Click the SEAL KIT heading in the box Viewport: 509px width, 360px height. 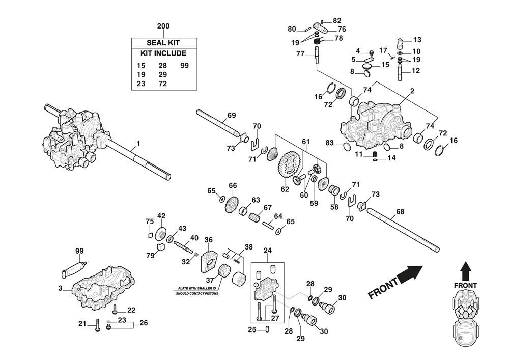pyautogui.click(x=163, y=43)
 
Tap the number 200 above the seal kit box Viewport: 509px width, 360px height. pyautogui.click(x=163, y=26)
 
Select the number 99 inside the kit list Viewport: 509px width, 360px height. pyautogui.click(x=184, y=66)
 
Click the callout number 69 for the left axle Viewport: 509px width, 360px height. pyautogui.click(x=232, y=116)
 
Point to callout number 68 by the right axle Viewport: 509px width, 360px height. pyautogui.click(x=400, y=211)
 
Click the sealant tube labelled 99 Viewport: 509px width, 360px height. pyautogui.click(x=73, y=267)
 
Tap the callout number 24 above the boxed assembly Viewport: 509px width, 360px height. pyautogui.click(x=268, y=251)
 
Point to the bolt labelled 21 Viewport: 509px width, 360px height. pyautogui.click(x=97, y=324)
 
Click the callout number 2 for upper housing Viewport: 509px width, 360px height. pyautogui.click(x=411, y=91)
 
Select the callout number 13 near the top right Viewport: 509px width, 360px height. pyautogui.click(x=417, y=40)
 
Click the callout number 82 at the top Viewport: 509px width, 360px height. pyautogui.click(x=337, y=21)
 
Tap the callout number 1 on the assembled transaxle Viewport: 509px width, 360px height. pyautogui.click(x=138, y=144)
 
